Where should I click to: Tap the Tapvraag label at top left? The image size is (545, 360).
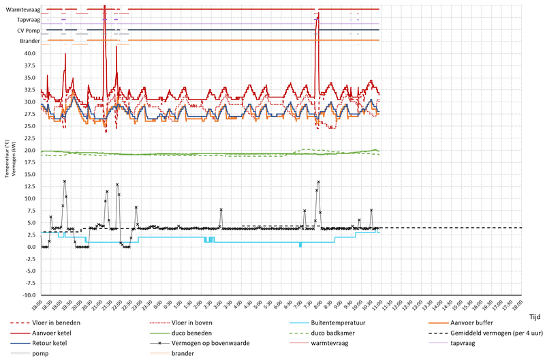click(28, 20)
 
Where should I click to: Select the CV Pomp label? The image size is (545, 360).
click(28, 31)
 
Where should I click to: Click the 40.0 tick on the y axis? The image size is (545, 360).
click(29, 53)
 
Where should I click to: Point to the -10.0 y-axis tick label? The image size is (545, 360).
click(28, 295)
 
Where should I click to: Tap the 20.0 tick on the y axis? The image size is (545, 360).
click(29, 150)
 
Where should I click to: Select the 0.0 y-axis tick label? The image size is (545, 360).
click(31, 247)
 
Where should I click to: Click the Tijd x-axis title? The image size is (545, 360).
click(534, 316)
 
